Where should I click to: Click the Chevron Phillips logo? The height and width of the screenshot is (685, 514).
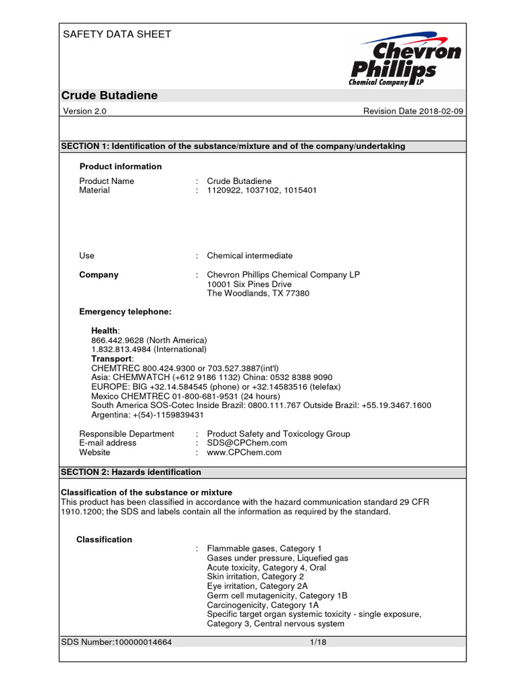click(x=405, y=59)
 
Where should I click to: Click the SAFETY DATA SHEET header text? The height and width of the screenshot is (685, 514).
click(x=116, y=34)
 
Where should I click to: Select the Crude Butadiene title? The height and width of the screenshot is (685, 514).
click(x=110, y=96)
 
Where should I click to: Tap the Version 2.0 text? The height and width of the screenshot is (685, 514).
click(x=85, y=111)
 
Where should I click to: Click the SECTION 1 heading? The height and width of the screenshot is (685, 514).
click(x=233, y=146)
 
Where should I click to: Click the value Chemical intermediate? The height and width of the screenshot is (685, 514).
click(x=250, y=256)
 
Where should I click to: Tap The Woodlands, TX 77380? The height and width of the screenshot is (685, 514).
click(x=258, y=294)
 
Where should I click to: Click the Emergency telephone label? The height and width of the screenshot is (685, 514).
click(x=125, y=312)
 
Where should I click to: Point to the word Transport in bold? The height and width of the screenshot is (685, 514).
click(x=112, y=359)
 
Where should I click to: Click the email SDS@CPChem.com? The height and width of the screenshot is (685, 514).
click(x=247, y=443)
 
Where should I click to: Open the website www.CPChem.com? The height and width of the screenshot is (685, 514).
click(x=244, y=452)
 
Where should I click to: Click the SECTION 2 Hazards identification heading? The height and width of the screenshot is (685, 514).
click(x=131, y=472)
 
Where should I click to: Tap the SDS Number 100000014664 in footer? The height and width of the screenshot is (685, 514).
click(x=116, y=642)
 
